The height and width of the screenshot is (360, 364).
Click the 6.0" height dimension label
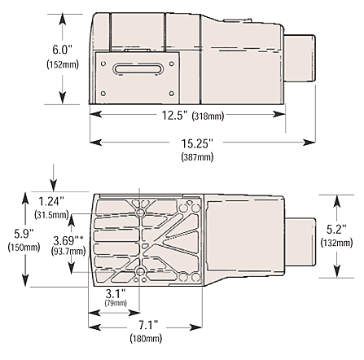click(63, 50)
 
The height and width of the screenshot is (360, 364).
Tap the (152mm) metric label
click(63, 64)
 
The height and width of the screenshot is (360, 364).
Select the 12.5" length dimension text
click(175, 116)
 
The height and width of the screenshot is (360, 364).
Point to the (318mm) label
click(208, 116)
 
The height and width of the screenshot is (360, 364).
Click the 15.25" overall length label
click(197, 143)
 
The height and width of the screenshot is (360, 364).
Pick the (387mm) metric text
click(197, 157)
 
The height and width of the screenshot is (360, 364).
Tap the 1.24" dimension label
click(51, 202)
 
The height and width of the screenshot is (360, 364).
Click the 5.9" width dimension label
click(24, 234)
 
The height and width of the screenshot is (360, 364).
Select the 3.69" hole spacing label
click(68, 240)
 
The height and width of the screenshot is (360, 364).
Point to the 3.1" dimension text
click(116, 293)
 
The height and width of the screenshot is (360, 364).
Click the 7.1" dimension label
click(148, 325)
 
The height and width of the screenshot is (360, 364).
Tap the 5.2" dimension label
click(336, 230)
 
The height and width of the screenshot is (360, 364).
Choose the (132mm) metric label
click(336, 243)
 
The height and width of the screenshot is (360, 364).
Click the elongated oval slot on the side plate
click(138, 68)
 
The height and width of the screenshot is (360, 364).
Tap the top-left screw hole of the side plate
click(103, 64)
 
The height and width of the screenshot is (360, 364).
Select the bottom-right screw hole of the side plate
click(172, 94)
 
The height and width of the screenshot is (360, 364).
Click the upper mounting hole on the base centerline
click(140, 213)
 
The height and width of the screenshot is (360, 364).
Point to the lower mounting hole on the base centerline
click(140, 271)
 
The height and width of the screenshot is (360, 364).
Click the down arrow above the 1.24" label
click(54, 178)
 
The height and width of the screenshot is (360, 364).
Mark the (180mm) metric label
click(146, 339)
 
